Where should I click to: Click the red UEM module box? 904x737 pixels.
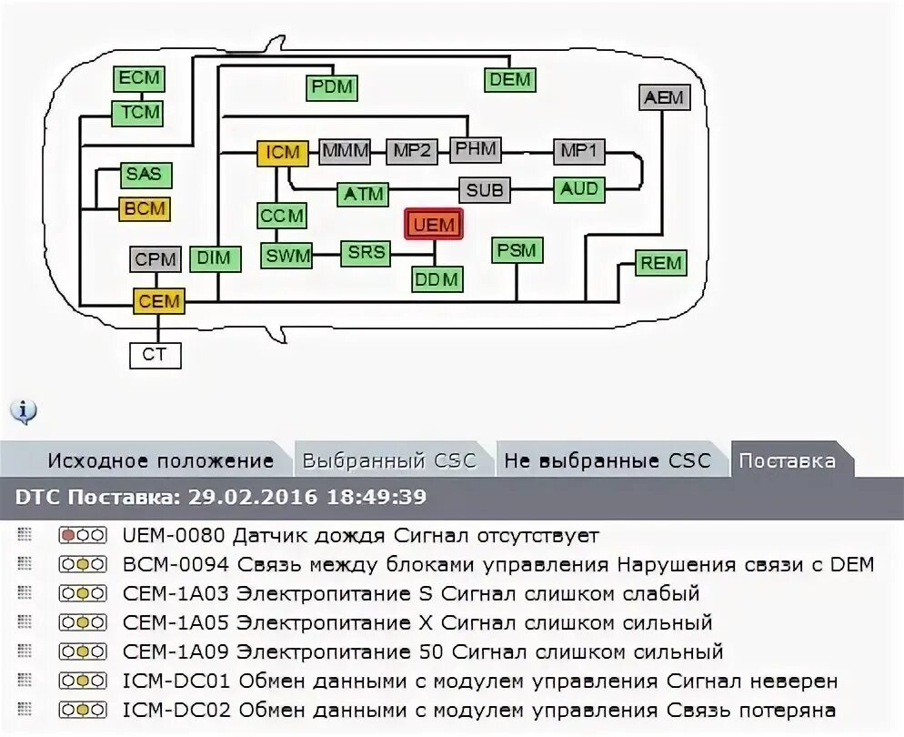tap(434, 224)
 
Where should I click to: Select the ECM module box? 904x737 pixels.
tap(138, 78)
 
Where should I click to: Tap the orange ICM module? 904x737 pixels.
tap(282, 152)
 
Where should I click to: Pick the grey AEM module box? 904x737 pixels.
tap(663, 97)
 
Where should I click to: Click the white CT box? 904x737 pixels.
tap(155, 354)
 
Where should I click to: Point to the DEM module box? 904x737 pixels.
tap(509, 79)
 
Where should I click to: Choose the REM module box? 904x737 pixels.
tap(661, 263)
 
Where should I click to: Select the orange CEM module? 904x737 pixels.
tap(159, 301)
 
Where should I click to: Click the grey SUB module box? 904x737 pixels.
tap(484, 190)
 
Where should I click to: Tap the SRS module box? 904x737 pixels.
tap(367, 253)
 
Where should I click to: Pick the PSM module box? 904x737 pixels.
tap(517, 250)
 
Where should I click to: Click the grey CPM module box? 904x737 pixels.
tap(156, 259)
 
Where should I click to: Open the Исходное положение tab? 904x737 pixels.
tap(160, 460)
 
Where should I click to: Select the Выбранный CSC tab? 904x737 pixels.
tap(389, 460)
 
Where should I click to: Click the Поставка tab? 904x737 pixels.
tap(787, 460)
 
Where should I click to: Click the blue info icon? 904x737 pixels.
tap(24, 411)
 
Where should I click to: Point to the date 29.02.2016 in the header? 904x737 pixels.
tap(241, 498)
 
